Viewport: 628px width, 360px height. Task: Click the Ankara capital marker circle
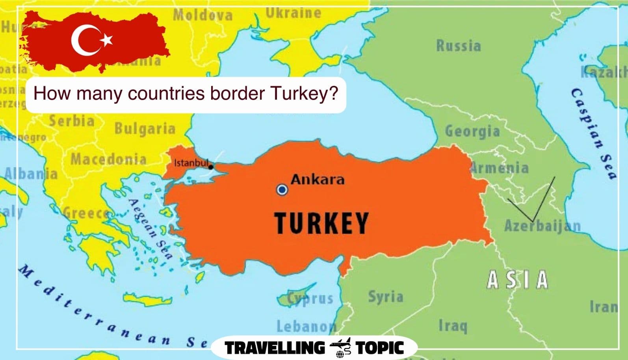click(282, 190)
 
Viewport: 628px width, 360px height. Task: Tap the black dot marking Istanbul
click(211, 167)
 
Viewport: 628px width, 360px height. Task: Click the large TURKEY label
click(321, 223)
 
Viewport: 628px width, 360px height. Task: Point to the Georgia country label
click(472, 131)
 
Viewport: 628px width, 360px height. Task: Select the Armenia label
click(500, 168)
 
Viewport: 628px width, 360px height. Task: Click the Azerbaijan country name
click(542, 226)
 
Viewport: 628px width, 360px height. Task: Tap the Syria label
click(385, 297)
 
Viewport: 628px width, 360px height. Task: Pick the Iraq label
click(453, 326)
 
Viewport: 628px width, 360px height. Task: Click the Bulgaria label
click(145, 129)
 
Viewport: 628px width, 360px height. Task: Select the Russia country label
click(458, 46)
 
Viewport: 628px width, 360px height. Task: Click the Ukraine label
click(293, 13)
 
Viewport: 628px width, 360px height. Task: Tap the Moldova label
click(203, 15)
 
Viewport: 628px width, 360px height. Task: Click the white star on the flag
click(107, 39)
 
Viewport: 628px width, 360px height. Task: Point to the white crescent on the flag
click(84, 40)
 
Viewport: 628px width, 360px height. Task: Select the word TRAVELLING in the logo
click(274, 348)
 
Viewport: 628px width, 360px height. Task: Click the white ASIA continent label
click(517, 280)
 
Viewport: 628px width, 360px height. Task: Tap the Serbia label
click(71, 121)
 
